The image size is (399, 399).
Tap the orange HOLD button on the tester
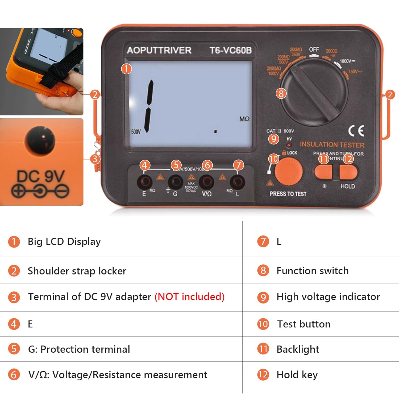pos(348,172)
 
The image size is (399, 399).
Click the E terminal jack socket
pos(144,182)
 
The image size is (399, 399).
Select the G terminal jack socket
pos(176,182)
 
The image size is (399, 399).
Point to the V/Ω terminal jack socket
pos(207,182)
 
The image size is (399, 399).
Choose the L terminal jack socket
pos(238,182)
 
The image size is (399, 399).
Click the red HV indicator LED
pos(289,145)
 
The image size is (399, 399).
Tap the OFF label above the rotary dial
pos(314,49)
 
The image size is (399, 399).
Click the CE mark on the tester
pos(356,131)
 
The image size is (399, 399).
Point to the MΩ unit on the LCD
pos(244,119)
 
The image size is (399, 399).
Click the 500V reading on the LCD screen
pos(136,132)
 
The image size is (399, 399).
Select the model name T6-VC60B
pos(230,50)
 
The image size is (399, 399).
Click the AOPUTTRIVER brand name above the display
pos(159,50)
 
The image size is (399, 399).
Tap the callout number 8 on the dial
pos(281,93)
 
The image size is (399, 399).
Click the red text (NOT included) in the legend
pos(189,297)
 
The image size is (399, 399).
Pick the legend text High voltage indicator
pos(328,297)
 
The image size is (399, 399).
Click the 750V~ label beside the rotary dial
pos(355,72)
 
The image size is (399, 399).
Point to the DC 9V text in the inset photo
pos(41,176)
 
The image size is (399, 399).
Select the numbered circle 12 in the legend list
pos(263,375)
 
